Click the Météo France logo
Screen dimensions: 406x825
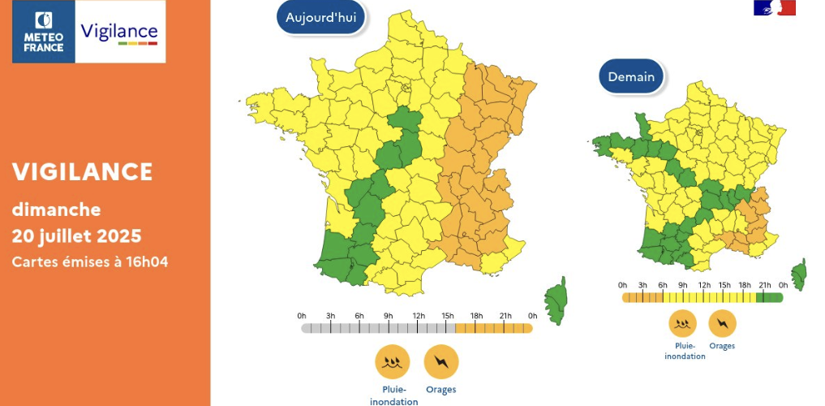click(44, 32)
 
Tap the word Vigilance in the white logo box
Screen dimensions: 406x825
click(119, 32)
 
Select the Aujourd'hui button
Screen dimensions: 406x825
click(321, 18)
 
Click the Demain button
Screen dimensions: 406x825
click(631, 77)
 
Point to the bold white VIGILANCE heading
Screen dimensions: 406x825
click(82, 171)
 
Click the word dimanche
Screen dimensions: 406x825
click(56, 209)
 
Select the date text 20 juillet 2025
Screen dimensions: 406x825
click(76, 236)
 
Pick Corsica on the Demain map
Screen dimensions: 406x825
click(799, 274)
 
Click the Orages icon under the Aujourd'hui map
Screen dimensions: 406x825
click(441, 361)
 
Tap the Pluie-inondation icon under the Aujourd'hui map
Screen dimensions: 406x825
click(393, 361)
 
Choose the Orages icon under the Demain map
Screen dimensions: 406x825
click(722, 324)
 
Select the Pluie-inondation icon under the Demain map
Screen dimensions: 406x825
click(683, 324)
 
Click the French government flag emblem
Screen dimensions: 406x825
click(775, 8)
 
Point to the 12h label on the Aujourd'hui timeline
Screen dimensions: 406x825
click(419, 315)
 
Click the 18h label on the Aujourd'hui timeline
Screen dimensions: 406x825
click(476, 315)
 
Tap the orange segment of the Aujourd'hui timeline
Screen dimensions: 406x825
click(493, 328)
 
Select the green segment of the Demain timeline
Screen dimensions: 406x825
click(769, 298)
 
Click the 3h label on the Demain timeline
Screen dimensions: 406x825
click(642, 285)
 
